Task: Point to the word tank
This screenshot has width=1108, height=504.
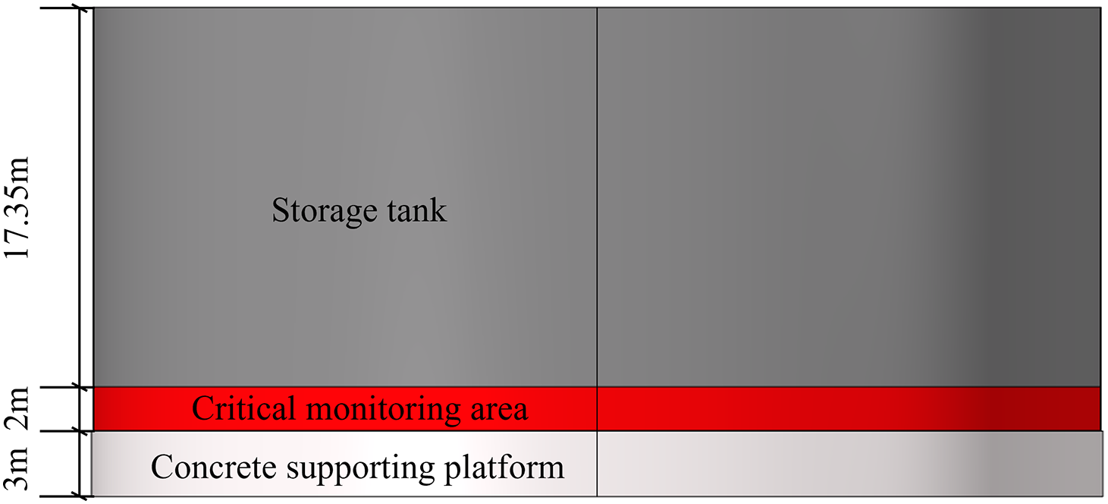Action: click(416, 210)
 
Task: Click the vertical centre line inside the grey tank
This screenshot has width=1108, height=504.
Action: click(598, 197)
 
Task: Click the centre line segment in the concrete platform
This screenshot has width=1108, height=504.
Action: click(598, 464)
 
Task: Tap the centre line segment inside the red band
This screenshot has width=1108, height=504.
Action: click(598, 409)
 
